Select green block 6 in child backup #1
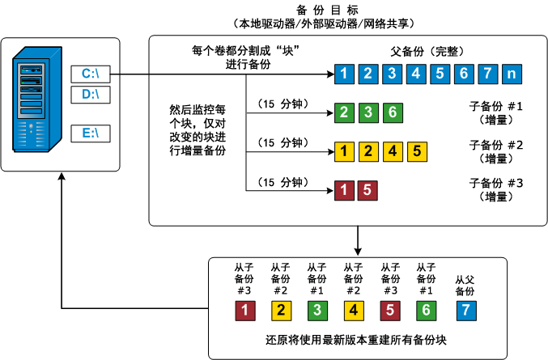(x=391, y=112)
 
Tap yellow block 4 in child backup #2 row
(x=393, y=150)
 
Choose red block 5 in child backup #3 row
(x=367, y=191)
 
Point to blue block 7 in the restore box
(x=463, y=309)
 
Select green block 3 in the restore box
(x=316, y=309)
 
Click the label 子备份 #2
(x=496, y=145)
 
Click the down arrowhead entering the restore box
(x=357, y=252)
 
